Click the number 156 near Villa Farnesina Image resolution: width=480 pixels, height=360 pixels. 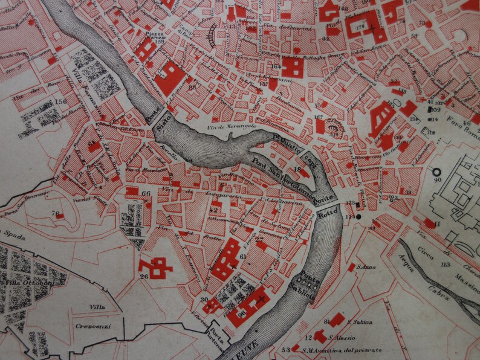tap(60, 102)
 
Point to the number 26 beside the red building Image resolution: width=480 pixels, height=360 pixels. tap(144, 277)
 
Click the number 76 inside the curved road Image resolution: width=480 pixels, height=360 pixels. tap(56, 213)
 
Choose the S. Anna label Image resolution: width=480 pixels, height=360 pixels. tap(363, 266)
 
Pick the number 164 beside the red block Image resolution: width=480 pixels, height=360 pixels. tap(277, 66)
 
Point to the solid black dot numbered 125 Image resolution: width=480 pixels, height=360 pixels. tap(358, 216)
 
